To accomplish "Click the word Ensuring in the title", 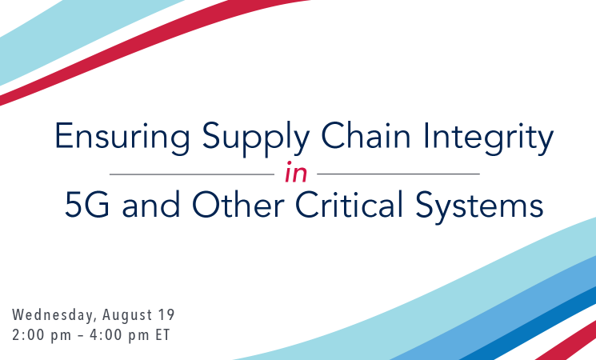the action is (x=122, y=138).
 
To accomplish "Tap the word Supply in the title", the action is (x=255, y=138).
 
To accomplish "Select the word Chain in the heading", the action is (x=366, y=135).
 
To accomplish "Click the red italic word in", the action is (x=296, y=173).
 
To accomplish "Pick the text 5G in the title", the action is (x=87, y=205).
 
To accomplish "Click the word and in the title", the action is (x=151, y=204).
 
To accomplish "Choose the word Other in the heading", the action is (x=238, y=204).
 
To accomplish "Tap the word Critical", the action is (x=349, y=204).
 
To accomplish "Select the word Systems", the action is (x=479, y=206).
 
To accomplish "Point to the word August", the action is (x=127, y=315).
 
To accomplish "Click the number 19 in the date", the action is (x=166, y=314).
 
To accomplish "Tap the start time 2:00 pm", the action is (x=42, y=335).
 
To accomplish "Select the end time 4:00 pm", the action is (x=119, y=335).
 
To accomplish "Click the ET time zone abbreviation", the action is (x=162, y=335).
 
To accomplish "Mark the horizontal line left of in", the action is (x=192, y=174).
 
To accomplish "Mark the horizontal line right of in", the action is (x=398, y=174).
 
